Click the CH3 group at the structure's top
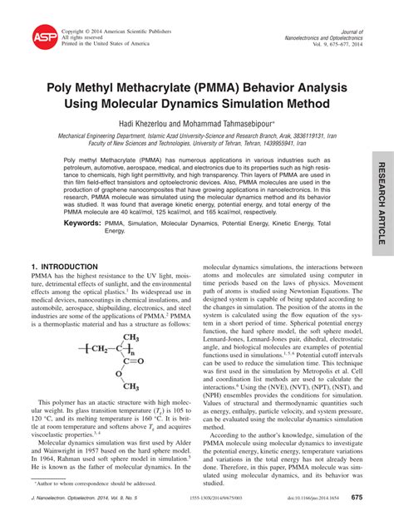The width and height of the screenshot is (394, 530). (128, 337)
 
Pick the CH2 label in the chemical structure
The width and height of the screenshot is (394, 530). (97, 348)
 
